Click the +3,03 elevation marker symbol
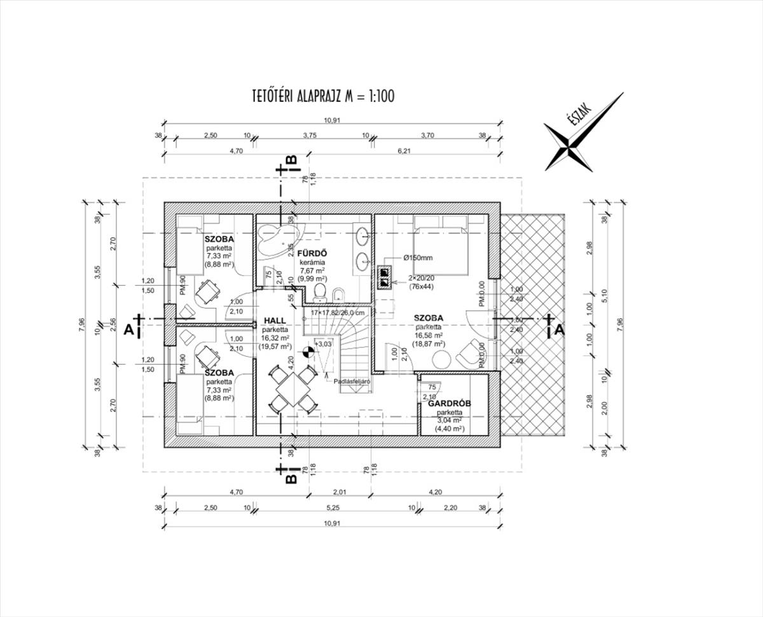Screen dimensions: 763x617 click(308, 349)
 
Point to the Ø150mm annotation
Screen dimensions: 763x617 click(417, 258)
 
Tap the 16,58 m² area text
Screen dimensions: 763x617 click(429, 335)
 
